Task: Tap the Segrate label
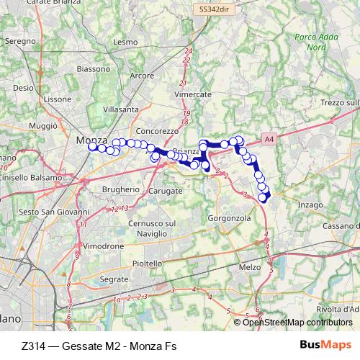point(114,278)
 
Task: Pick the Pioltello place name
point(148,264)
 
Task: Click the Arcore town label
point(142,75)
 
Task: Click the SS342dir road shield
point(215,9)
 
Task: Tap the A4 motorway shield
point(269,138)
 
